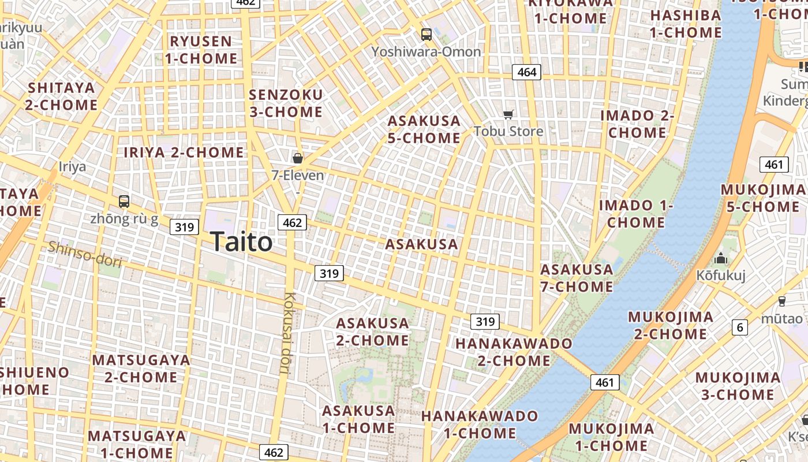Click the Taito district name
click(241, 241)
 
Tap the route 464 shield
click(526, 72)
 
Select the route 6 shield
click(740, 327)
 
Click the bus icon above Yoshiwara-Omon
click(427, 35)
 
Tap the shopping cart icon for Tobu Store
click(508, 114)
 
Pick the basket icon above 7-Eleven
click(298, 158)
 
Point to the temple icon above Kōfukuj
click(721, 259)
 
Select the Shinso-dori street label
click(85, 254)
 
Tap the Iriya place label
click(72, 167)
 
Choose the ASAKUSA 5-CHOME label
click(424, 129)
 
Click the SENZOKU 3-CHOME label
click(286, 103)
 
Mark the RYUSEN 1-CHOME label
click(201, 50)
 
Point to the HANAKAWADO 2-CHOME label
click(514, 352)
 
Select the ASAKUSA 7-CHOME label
click(577, 278)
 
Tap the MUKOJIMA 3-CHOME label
click(738, 386)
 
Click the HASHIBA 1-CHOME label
click(686, 24)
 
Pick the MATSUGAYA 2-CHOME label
click(141, 368)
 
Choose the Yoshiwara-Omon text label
click(426, 52)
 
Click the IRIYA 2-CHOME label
click(184, 152)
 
